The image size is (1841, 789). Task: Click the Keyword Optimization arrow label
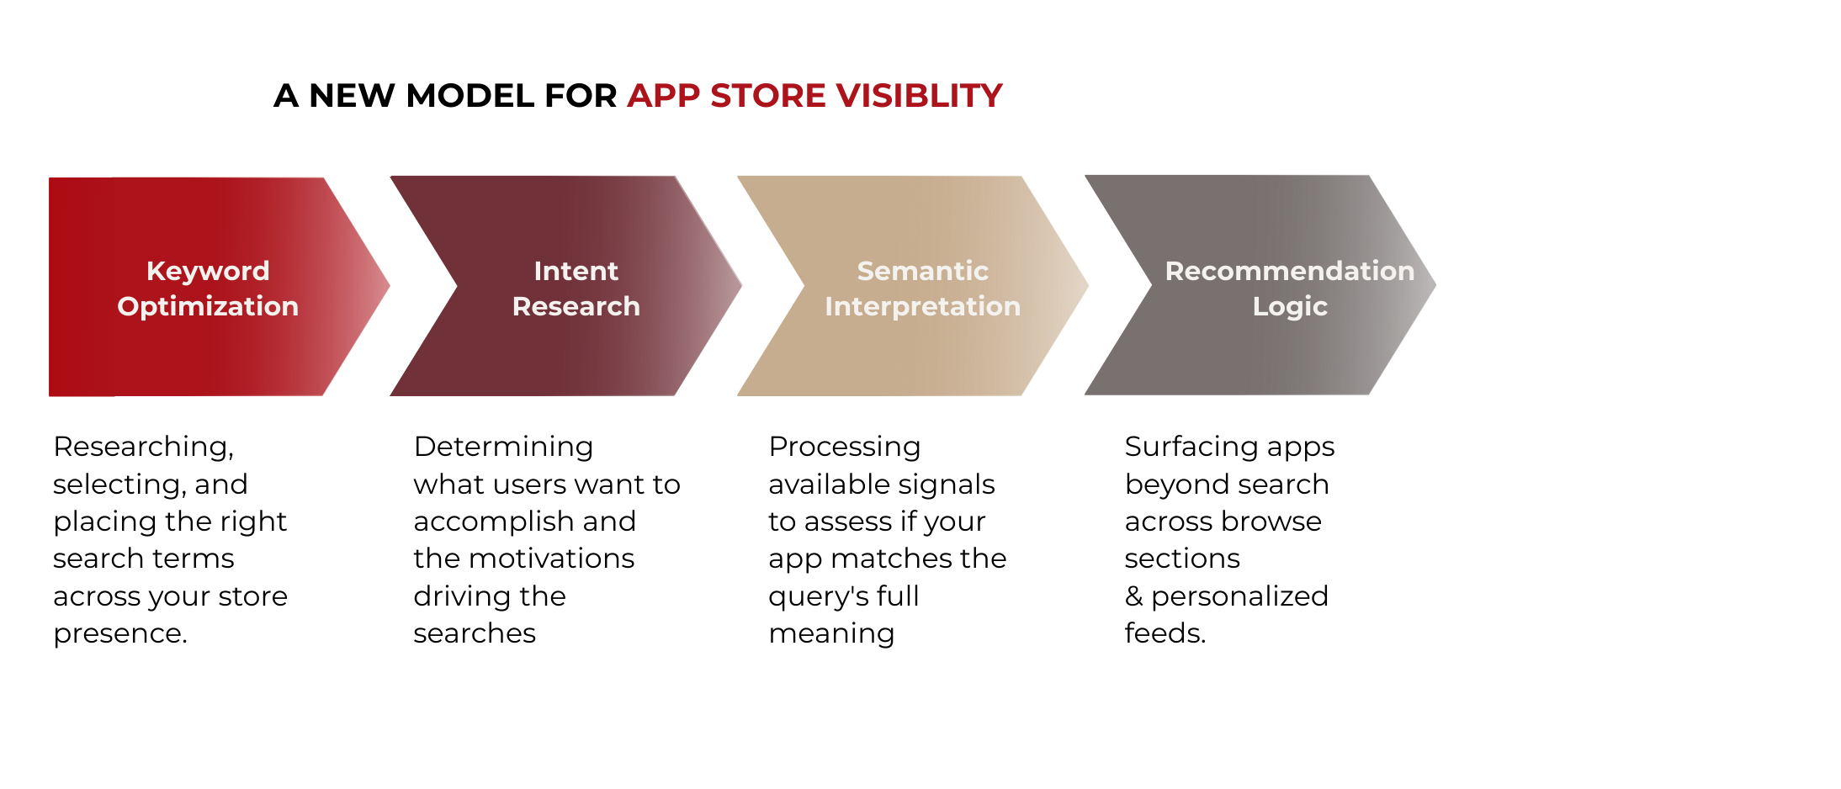click(208, 289)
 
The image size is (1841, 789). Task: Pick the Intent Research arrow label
click(576, 289)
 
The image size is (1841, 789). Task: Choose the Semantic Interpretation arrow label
click(923, 289)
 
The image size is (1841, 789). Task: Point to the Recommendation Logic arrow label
click(1290, 289)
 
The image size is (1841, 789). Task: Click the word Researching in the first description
click(143, 447)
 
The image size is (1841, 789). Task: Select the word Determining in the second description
click(503, 447)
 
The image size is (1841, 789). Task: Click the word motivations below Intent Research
click(552, 559)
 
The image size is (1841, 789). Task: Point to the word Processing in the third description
click(845, 447)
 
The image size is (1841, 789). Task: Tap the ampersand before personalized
click(1134, 596)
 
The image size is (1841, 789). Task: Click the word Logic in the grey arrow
click(1290, 307)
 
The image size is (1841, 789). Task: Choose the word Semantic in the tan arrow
click(923, 271)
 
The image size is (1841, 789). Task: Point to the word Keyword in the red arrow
click(208, 271)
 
